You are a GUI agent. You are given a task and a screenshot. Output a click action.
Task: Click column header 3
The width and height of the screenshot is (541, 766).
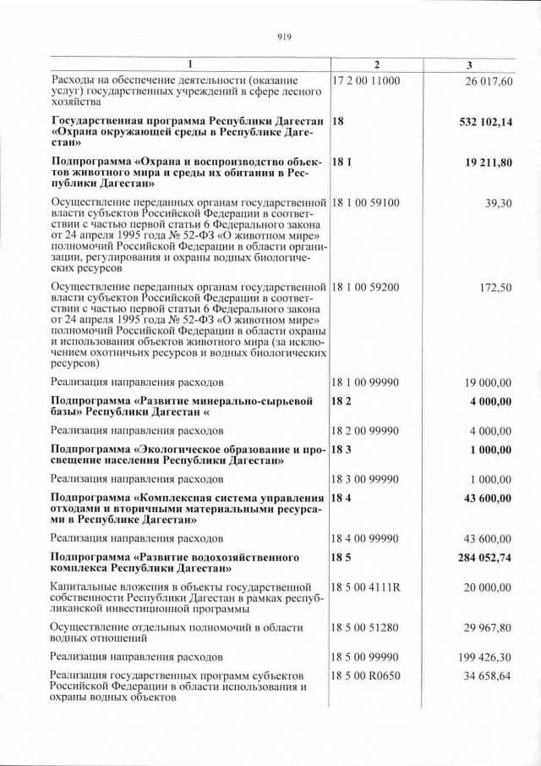point(469,65)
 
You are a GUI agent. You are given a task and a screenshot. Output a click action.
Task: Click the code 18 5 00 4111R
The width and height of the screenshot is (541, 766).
point(366,587)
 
